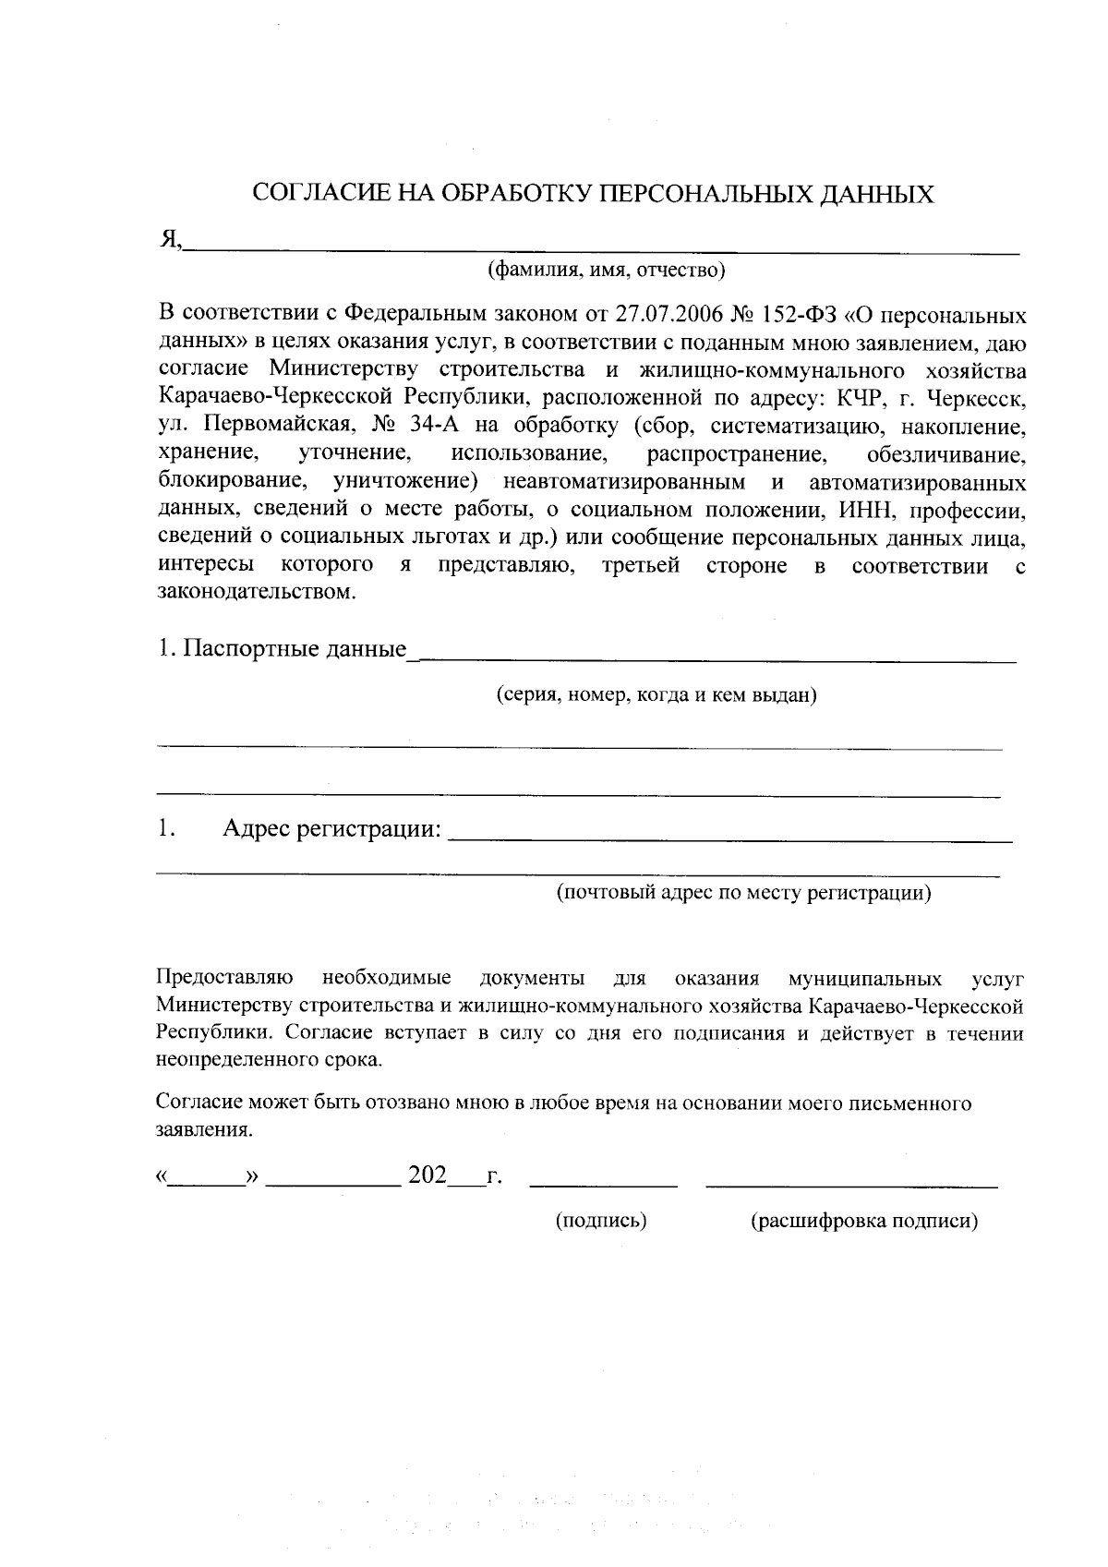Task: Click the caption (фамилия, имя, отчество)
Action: pyautogui.click(x=606, y=271)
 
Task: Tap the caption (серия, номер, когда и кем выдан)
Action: pyautogui.click(x=656, y=695)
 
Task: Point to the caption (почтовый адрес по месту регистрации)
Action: pyautogui.click(x=743, y=893)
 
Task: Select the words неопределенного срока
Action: pyautogui.click(x=268, y=1060)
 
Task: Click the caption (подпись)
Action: pyautogui.click(x=600, y=1222)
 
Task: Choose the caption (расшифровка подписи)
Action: pyautogui.click(x=864, y=1222)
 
